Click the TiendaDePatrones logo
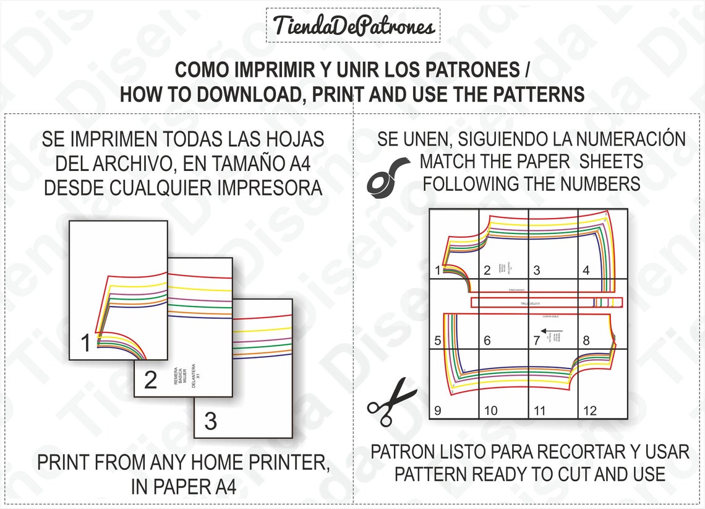pos(353,26)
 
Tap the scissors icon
pos(391,401)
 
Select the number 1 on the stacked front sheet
pos(86,342)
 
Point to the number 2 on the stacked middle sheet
pos(150,380)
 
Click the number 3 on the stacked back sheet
pos(210,421)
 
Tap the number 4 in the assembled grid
pos(586,270)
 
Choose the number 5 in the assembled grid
pos(438,341)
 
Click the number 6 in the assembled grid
pos(487,341)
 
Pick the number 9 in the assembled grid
pos(438,410)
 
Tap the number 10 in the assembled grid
pos(490,410)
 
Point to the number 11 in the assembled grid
pos(539,410)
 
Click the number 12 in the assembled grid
pos(589,410)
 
